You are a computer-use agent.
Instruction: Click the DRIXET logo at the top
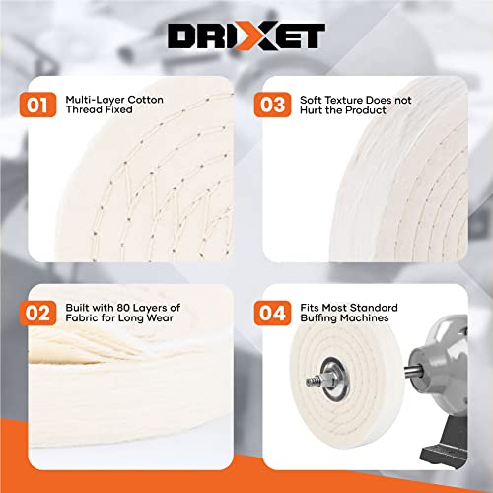[x=246, y=36]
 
